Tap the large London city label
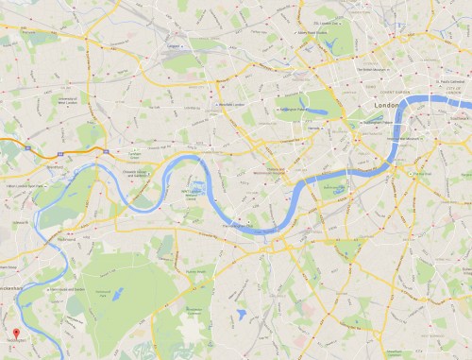387,104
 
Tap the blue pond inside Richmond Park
117,294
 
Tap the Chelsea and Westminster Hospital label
275,171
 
